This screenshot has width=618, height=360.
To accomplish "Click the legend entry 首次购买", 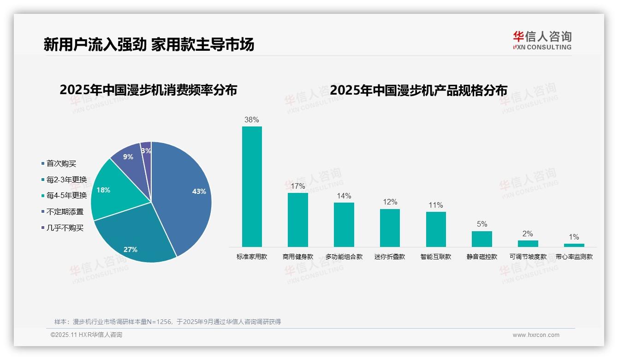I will coord(61,163).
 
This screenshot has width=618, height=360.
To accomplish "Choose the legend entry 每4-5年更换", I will coord(66,195).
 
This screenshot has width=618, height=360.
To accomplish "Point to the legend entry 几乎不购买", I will coord(65,228).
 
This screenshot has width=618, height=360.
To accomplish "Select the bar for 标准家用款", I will coord(252,186).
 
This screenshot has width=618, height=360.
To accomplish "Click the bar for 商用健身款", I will coord(297,220).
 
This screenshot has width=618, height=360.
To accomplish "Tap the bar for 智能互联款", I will coord(436,229).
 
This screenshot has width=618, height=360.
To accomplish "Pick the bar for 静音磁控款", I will coord(481,239).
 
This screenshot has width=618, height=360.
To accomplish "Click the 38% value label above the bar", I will coord(252,120).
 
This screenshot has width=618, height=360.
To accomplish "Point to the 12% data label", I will coord(390,202).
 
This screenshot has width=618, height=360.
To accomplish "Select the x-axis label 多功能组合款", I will coord(344,257).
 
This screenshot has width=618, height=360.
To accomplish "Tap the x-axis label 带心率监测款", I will coord(574,257).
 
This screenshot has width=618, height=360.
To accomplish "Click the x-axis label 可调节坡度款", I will coord(528,257).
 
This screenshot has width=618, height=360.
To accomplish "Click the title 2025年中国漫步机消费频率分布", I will coord(148,90).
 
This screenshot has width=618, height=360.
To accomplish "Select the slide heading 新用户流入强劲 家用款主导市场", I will coord(149,44).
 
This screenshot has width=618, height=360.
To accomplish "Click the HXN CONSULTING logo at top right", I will coord(542,40).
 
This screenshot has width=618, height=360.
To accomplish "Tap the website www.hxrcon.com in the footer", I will coord(536,335).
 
